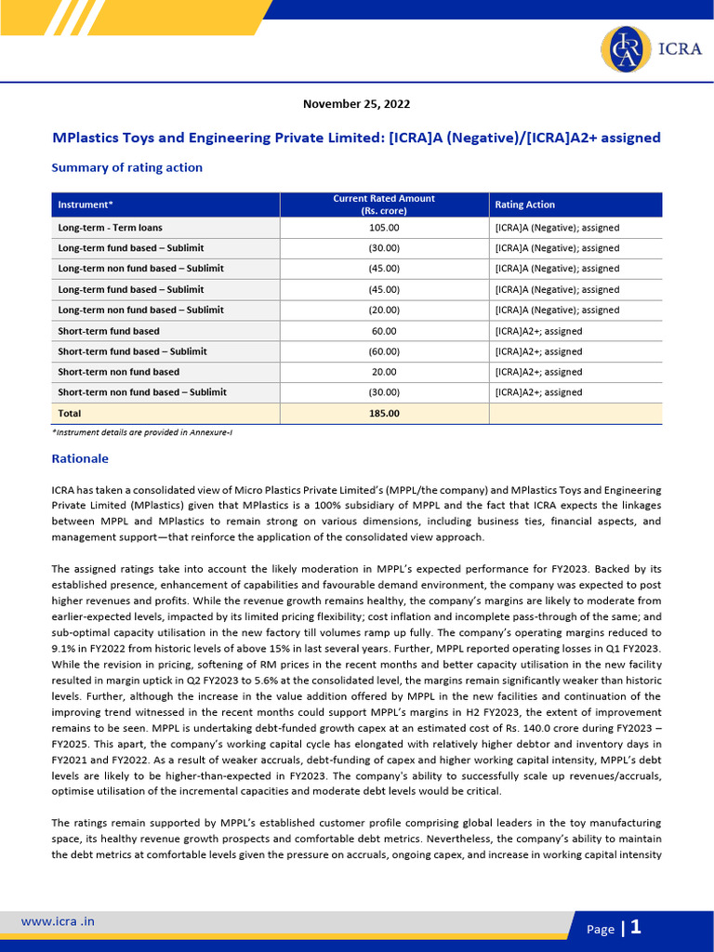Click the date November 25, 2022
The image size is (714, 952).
tap(357, 104)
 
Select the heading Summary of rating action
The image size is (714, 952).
tap(126, 167)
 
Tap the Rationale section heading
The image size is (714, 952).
tap(80, 458)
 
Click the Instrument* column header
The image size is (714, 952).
tap(86, 205)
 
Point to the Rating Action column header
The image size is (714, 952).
tap(524, 205)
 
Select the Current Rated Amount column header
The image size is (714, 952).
tap(384, 205)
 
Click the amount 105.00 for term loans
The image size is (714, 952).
tap(384, 227)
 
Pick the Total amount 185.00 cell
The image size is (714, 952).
tap(384, 413)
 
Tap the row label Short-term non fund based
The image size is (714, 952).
tap(119, 372)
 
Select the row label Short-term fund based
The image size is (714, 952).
tap(109, 331)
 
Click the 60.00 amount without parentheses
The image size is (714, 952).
tap(384, 331)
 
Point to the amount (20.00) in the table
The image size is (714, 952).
tap(384, 310)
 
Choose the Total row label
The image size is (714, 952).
tap(70, 413)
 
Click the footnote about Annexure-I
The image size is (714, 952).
tap(141, 433)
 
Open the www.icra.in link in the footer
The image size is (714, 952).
tap(58, 921)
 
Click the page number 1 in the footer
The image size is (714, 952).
tap(636, 927)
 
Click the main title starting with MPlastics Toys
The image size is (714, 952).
tap(357, 138)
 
